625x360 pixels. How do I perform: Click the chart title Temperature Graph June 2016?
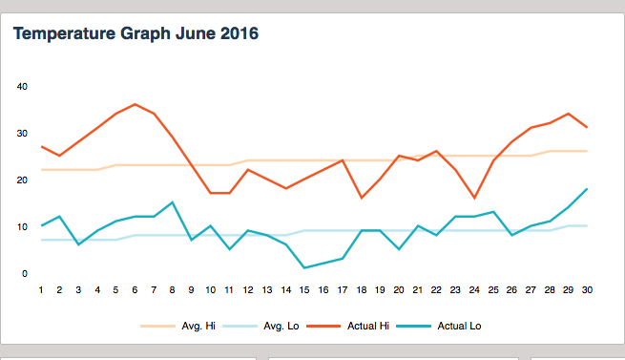coord(135,34)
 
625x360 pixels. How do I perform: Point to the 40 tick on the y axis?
coord(23,86)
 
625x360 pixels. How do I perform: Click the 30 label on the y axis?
coord(23,133)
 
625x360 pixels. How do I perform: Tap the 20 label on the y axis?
coord(23,180)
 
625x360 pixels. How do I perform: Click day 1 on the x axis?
coord(42,288)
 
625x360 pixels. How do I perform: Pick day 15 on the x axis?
coord(304,288)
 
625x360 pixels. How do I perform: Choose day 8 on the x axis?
coord(173,288)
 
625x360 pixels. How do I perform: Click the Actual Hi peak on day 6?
coord(135,104)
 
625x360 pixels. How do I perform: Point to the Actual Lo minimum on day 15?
coord(304,267)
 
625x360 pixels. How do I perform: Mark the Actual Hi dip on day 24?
coord(474,198)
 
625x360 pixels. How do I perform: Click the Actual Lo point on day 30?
coord(587,189)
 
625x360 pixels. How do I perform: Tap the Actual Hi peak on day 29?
coord(568,114)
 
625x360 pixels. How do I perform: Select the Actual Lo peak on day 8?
coord(173,202)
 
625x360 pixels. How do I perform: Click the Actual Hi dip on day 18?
coord(361,198)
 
